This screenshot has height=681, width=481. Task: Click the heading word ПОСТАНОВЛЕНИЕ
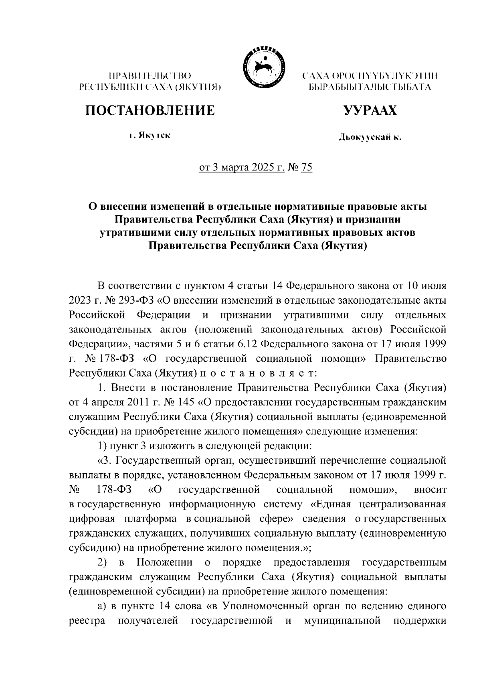pyautogui.click(x=150, y=110)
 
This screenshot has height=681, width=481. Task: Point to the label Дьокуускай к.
pyautogui.click(x=370, y=138)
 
